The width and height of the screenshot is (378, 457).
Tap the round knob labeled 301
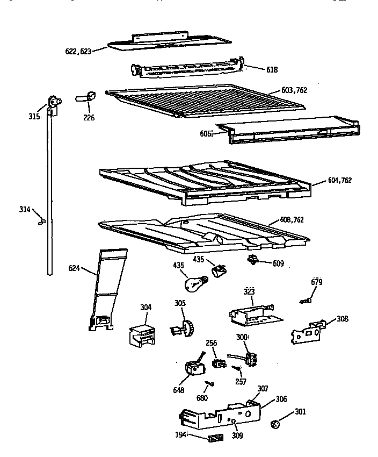pos(276,425)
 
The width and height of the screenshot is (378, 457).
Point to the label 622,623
pos(77,51)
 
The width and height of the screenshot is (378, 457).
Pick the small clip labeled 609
pos(251,261)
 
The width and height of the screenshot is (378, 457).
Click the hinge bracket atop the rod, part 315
pos(53,103)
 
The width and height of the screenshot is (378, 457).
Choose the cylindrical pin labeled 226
pos(89,97)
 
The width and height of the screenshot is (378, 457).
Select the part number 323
pos(249,291)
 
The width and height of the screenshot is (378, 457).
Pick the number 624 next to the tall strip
pos(75,267)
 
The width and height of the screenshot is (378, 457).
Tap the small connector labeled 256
pos(217,363)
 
